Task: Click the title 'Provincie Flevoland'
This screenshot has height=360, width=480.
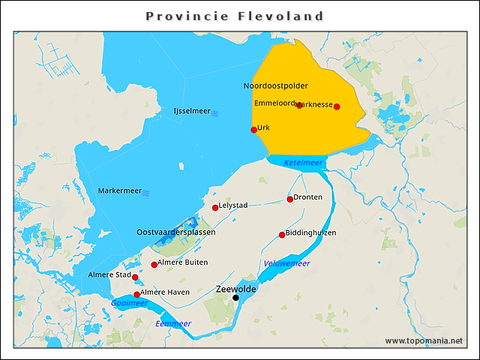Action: click(235, 16)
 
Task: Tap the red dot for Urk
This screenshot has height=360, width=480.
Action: click(254, 130)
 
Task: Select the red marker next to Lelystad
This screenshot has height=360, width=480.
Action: click(215, 208)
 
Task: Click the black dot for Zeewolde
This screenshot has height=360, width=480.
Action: click(235, 298)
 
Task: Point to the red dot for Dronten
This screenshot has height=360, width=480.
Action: click(290, 199)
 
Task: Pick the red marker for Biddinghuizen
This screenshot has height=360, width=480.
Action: click(282, 235)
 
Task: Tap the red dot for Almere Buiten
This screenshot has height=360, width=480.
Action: click(154, 265)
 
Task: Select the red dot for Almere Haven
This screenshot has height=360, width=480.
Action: click(136, 295)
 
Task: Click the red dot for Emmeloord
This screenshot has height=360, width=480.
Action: click(299, 105)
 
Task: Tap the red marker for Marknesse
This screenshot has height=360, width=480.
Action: click(337, 106)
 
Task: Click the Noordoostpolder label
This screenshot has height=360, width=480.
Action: click(275, 86)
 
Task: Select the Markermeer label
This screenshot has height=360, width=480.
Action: click(120, 191)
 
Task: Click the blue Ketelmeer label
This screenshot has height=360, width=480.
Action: click(303, 163)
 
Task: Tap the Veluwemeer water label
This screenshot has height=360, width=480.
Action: click(286, 263)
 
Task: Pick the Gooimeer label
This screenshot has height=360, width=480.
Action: click(129, 304)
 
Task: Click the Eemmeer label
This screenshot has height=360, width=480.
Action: click(173, 323)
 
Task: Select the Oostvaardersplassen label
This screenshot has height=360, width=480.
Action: click(175, 232)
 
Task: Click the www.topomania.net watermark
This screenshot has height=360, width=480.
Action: click(424, 340)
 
